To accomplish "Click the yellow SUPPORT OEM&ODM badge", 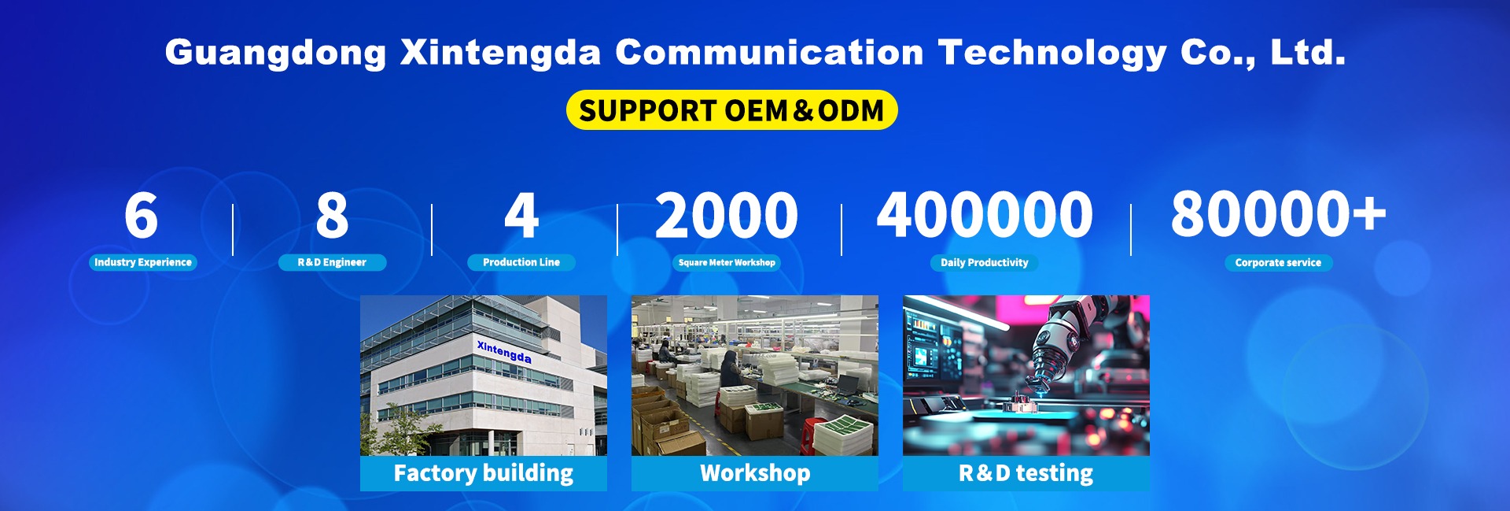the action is (x=731, y=110).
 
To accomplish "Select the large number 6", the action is (x=142, y=215).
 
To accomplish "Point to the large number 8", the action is (x=332, y=215).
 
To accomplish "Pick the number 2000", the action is (x=727, y=215).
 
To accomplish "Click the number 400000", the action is (x=985, y=215).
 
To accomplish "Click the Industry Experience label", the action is (x=143, y=262).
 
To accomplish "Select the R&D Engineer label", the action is (x=332, y=262).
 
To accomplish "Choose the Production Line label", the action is (x=521, y=262).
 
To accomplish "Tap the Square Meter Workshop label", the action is (x=727, y=262).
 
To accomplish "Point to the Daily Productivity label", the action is (x=985, y=262).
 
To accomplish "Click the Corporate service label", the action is (x=1278, y=262).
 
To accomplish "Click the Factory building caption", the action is (x=484, y=473).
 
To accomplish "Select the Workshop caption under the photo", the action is (x=755, y=473).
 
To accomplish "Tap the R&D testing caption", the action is (x=1026, y=473).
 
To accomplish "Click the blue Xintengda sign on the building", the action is (x=504, y=351).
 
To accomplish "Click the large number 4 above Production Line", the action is (x=521, y=215).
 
